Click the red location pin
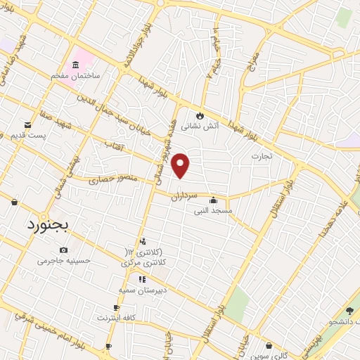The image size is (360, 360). click(x=181, y=165)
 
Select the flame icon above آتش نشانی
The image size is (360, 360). click(x=200, y=116)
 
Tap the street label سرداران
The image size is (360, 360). click(x=186, y=198)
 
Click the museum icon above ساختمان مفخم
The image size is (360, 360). click(x=75, y=63)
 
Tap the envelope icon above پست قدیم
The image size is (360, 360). click(x=27, y=124)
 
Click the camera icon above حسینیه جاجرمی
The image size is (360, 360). click(x=64, y=250)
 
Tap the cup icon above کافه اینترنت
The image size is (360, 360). click(x=117, y=308)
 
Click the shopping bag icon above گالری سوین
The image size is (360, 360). click(x=269, y=345)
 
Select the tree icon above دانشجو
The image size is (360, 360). click(x=349, y=310)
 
